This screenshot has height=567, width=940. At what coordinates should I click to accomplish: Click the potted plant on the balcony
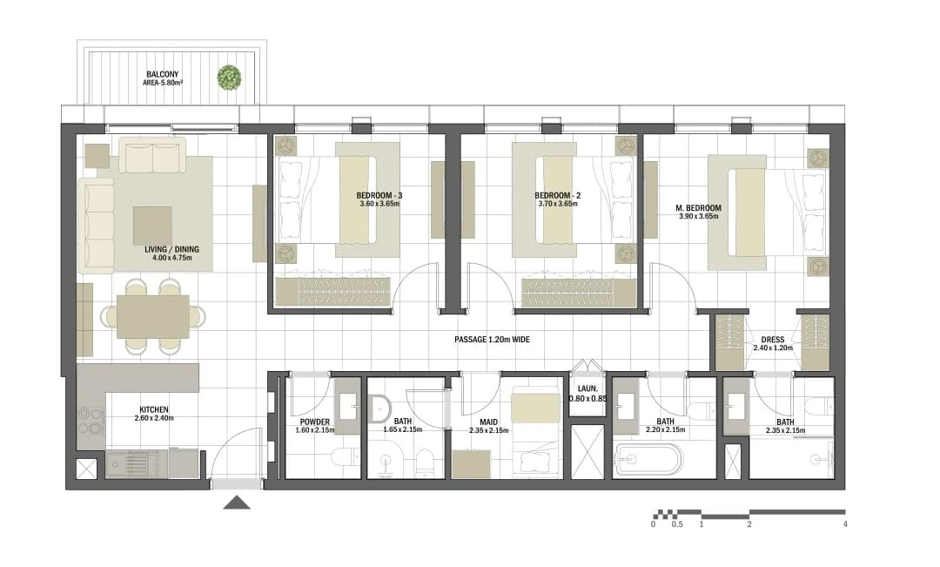tap(229, 78)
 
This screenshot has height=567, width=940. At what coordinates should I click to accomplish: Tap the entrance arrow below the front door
tap(237, 503)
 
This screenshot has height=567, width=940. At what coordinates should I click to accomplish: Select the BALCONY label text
tap(163, 75)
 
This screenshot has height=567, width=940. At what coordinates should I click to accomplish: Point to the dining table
tap(153, 317)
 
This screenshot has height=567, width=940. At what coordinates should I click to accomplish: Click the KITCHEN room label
tap(154, 410)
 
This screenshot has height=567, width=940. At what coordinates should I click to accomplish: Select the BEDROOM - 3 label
tap(379, 196)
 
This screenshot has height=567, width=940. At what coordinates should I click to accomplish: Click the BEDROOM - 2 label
tap(558, 196)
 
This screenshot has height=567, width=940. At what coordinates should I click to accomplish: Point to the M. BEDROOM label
tap(698, 208)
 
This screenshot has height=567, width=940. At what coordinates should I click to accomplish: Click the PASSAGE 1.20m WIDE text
tap(492, 340)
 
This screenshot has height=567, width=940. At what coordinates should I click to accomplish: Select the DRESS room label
tap(773, 340)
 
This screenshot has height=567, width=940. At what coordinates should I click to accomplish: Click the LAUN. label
tap(587, 389)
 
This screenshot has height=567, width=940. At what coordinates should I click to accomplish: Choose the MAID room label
tap(488, 422)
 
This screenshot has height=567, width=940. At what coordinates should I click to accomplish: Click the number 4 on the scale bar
tap(845, 524)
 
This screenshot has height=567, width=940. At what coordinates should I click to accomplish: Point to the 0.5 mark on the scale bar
tap(677, 524)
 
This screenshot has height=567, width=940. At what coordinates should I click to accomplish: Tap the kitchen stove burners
tap(91, 421)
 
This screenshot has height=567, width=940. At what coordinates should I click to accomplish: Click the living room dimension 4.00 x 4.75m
tap(172, 258)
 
